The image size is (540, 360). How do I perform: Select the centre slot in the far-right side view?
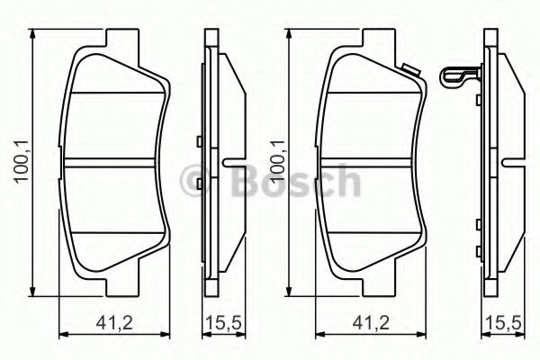point(511,163)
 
